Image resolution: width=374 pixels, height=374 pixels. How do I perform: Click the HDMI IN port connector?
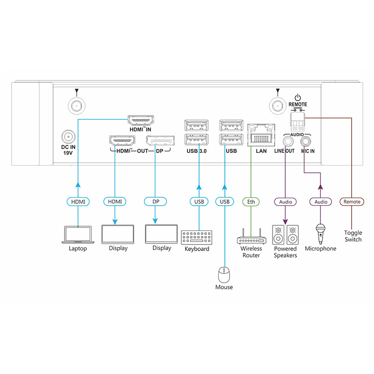click(141, 120)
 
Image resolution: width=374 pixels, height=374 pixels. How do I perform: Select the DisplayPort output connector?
click(160, 141)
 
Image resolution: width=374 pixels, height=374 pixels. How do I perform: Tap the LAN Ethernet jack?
click(261, 135)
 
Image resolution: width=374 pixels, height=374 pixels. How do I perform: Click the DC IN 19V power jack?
click(68, 137)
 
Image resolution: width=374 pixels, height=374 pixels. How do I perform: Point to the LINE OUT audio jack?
click(288, 142)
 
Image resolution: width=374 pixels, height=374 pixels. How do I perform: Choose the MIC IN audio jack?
click(306, 142)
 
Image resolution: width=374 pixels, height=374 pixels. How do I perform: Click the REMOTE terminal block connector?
click(298, 122)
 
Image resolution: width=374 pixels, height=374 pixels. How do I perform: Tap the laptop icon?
click(78, 235)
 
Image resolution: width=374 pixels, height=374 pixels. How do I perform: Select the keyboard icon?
click(196, 237)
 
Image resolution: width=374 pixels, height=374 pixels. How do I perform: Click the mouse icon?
click(224, 275)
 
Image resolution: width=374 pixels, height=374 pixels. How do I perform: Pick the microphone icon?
click(320, 234)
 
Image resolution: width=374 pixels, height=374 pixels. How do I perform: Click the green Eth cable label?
click(251, 202)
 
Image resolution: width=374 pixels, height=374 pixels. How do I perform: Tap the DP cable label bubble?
click(156, 201)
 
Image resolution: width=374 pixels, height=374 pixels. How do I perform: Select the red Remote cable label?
click(352, 201)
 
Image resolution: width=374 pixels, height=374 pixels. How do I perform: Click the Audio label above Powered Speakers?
click(286, 202)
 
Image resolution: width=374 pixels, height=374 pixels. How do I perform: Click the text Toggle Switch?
click(353, 236)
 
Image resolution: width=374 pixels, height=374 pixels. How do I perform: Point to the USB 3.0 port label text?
click(196, 151)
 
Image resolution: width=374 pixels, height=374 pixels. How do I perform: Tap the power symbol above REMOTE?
click(298, 97)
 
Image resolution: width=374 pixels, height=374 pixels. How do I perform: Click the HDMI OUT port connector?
click(122, 141)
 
